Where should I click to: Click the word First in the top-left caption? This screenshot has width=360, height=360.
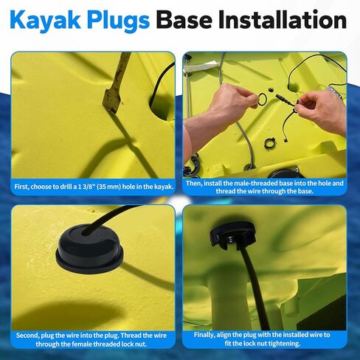[x=24, y=187]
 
